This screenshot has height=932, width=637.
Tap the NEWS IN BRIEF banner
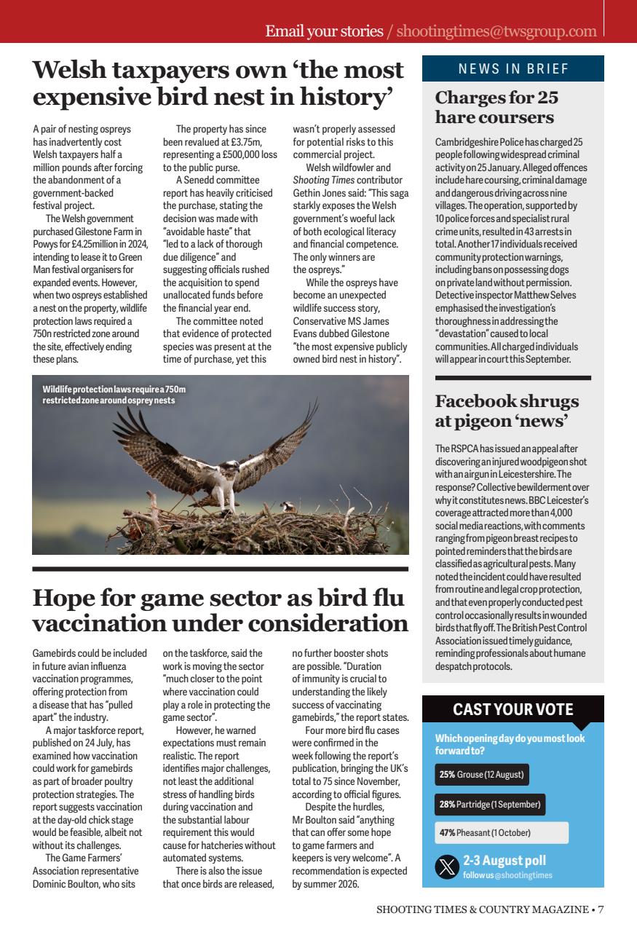[513, 69]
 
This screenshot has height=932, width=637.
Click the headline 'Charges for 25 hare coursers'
[497, 107]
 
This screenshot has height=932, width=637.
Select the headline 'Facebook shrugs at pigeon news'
[507, 411]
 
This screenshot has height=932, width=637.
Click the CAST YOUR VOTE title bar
[513, 709]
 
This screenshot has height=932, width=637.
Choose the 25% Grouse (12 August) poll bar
[481, 774]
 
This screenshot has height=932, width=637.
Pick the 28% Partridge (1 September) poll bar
[489, 804]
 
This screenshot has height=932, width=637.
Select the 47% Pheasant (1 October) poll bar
[501, 832]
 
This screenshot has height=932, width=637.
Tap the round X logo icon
[446, 867]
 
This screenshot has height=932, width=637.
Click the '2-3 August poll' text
[504, 861]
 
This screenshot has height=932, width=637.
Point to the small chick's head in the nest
[288, 503]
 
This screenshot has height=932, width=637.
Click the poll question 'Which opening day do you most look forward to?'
[510, 744]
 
